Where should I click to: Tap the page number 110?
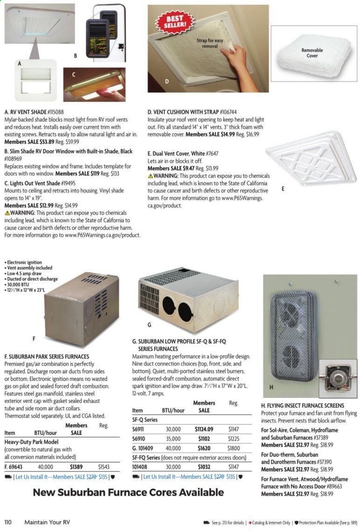8,522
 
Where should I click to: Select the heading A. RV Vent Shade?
34,112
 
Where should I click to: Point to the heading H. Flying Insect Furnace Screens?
303,405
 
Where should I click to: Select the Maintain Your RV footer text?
47,522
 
